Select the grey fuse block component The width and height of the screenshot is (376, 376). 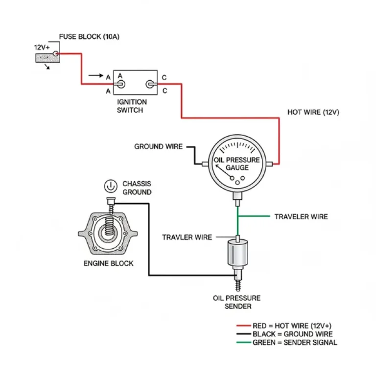pos(47,58)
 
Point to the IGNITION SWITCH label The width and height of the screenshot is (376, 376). pos(131,106)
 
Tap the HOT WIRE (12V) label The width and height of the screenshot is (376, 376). pos(313,112)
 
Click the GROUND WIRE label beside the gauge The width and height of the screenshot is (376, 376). pos(158,146)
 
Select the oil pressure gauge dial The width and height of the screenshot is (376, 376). pos(237,164)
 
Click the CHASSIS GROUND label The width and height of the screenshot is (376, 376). pos(137,188)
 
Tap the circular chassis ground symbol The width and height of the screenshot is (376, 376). pos(110,186)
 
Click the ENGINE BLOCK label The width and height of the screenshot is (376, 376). pos(108,263)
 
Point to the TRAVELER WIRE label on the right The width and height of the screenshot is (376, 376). pos(301,216)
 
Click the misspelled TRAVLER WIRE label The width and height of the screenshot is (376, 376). pos(187,237)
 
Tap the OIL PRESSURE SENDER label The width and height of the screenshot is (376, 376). pos(236,302)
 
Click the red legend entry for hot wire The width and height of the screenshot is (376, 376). pos(286,326)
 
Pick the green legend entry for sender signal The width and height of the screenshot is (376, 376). pos(287,342)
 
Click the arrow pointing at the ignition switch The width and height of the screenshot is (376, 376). pos(95,76)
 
